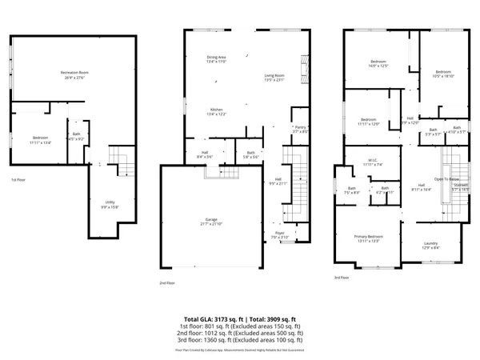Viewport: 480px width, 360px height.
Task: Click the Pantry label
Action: coord(301,129)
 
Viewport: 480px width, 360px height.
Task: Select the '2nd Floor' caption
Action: coord(166,282)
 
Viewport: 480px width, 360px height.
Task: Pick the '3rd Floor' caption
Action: coord(342,278)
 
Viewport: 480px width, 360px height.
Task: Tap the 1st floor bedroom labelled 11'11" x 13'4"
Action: coord(41,140)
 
